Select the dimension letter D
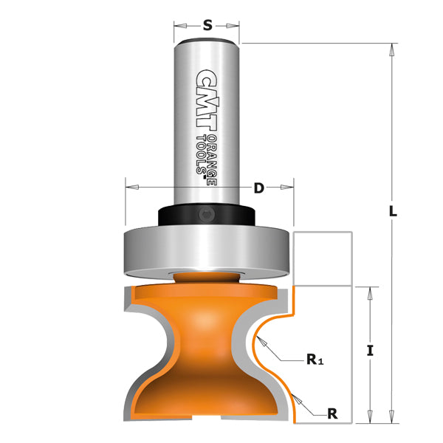click(258, 188)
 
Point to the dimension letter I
click(371, 351)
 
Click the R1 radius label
click(316, 362)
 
